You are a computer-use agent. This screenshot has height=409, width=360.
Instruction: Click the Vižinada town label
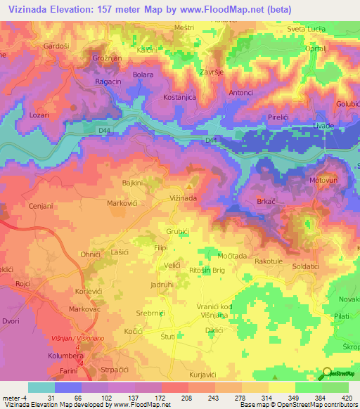pos(183,199)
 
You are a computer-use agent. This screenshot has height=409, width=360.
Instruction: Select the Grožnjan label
pos(108,59)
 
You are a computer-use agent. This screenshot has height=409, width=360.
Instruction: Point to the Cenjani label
pos(42,207)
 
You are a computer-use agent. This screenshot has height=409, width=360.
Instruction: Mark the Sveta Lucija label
pos(304,29)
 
